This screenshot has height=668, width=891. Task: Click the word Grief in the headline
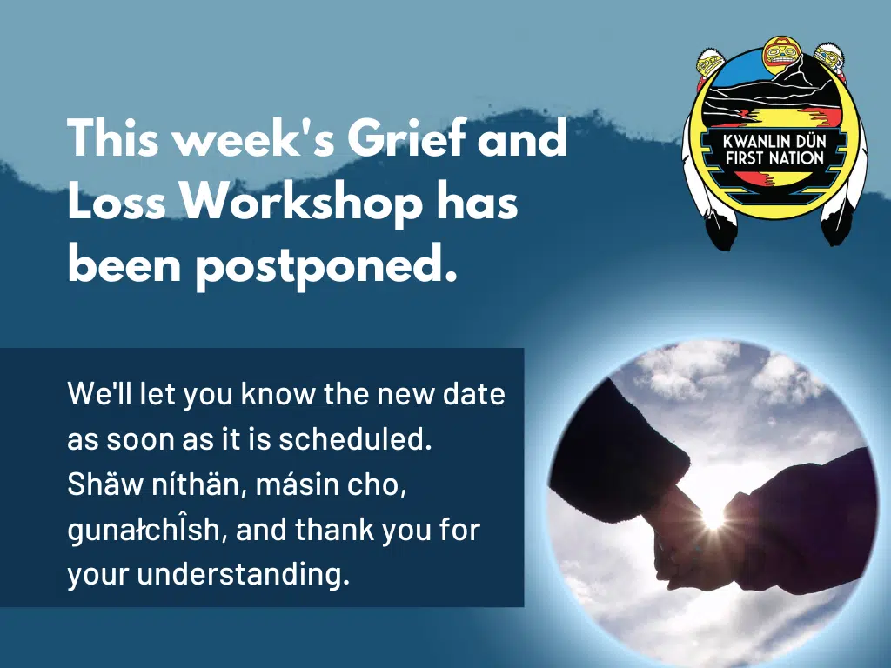pyautogui.click(x=407, y=137)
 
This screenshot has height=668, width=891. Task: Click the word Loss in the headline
pyautogui.click(x=117, y=203)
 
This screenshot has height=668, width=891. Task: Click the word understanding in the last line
pyautogui.click(x=244, y=574)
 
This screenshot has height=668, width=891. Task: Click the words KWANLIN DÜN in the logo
pyautogui.click(x=774, y=141)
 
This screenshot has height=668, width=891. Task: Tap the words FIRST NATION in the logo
pyautogui.click(x=774, y=158)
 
